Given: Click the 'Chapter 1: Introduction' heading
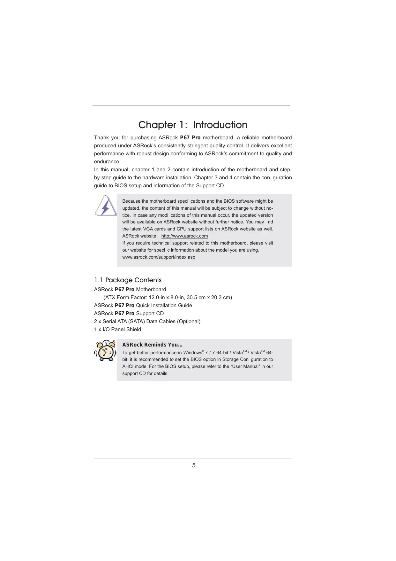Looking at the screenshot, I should pyautogui.click(x=193, y=125).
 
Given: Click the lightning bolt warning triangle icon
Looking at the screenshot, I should pyautogui.click(x=106, y=206).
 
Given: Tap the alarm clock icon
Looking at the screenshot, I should pyautogui.click(x=106, y=351).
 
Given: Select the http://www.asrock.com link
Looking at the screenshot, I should pyautogui.click(x=184, y=236).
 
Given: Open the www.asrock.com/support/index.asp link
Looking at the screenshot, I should pyautogui.click(x=159, y=257).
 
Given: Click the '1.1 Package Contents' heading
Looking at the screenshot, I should pyautogui.click(x=128, y=280).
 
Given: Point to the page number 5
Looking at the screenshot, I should pyautogui.click(x=194, y=465).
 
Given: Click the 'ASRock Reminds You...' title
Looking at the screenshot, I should pyautogui.click(x=152, y=345).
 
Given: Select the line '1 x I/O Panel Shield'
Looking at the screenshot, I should pyautogui.click(x=117, y=329).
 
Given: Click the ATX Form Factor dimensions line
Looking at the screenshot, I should pyautogui.click(x=168, y=297).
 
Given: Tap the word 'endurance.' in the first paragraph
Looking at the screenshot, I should pyautogui.click(x=107, y=161).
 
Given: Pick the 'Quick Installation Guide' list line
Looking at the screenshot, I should pyautogui.click(x=143, y=305).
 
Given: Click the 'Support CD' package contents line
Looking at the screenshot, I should pyautogui.click(x=129, y=313).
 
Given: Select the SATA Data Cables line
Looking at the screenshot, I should pyautogui.click(x=147, y=321).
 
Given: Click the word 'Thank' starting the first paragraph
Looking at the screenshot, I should pyautogui.click(x=101, y=137).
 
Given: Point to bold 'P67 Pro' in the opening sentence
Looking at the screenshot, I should pyautogui.click(x=190, y=137).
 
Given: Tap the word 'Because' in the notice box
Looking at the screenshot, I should pyautogui.click(x=131, y=201).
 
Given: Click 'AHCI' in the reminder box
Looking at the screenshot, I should pyautogui.click(x=128, y=366).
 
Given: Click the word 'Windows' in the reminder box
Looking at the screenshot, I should pyautogui.click(x=192, y=353).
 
